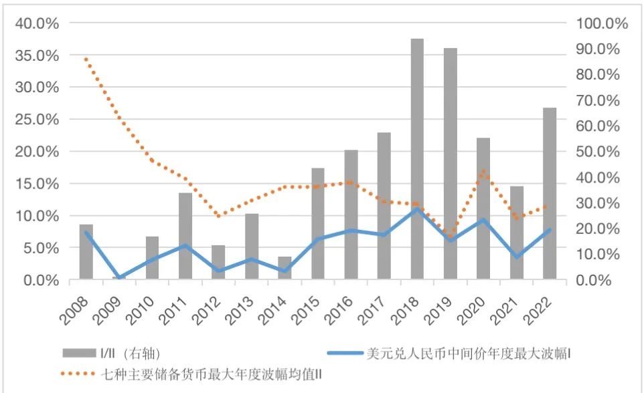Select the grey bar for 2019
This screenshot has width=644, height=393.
click(x=450, y=163)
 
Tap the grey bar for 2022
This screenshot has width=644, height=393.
click(x=550, y=193)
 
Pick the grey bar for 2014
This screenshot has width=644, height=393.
click(x=285, y=268)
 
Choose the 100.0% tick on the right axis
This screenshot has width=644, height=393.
click(x=603, y=23)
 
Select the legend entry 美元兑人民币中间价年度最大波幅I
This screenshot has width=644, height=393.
click(x=469, y=352)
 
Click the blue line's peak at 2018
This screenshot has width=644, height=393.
click(x=417, y=209)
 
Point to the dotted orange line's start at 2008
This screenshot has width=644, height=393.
click(x=86, y=59)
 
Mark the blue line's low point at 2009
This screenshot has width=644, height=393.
click(x=119, y=277)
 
